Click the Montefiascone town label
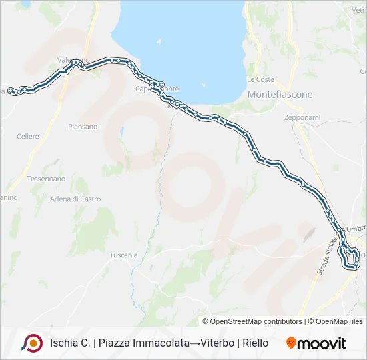(280, 95)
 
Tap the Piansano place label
(83, 127)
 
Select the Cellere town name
(28, 137)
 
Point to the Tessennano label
(46, 179)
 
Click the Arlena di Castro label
(75, 199)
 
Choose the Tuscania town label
(123, 255)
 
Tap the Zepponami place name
(302, 117)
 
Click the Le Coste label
(260, 79)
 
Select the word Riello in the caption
(255, 343)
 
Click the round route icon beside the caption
(31, 343)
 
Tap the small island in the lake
(159, 41)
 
